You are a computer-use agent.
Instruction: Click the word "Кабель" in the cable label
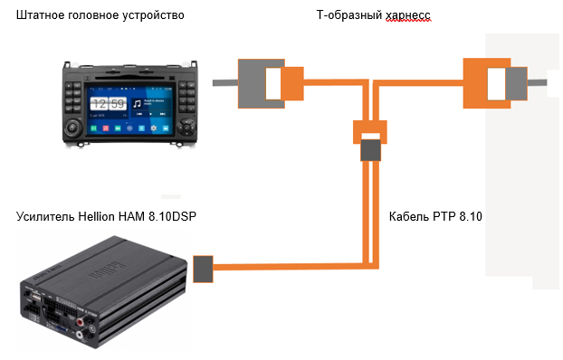(x=414, y=217)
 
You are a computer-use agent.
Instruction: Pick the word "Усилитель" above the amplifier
(x=46, y=218)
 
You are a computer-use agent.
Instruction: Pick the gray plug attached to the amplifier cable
(x=202, y=267)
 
